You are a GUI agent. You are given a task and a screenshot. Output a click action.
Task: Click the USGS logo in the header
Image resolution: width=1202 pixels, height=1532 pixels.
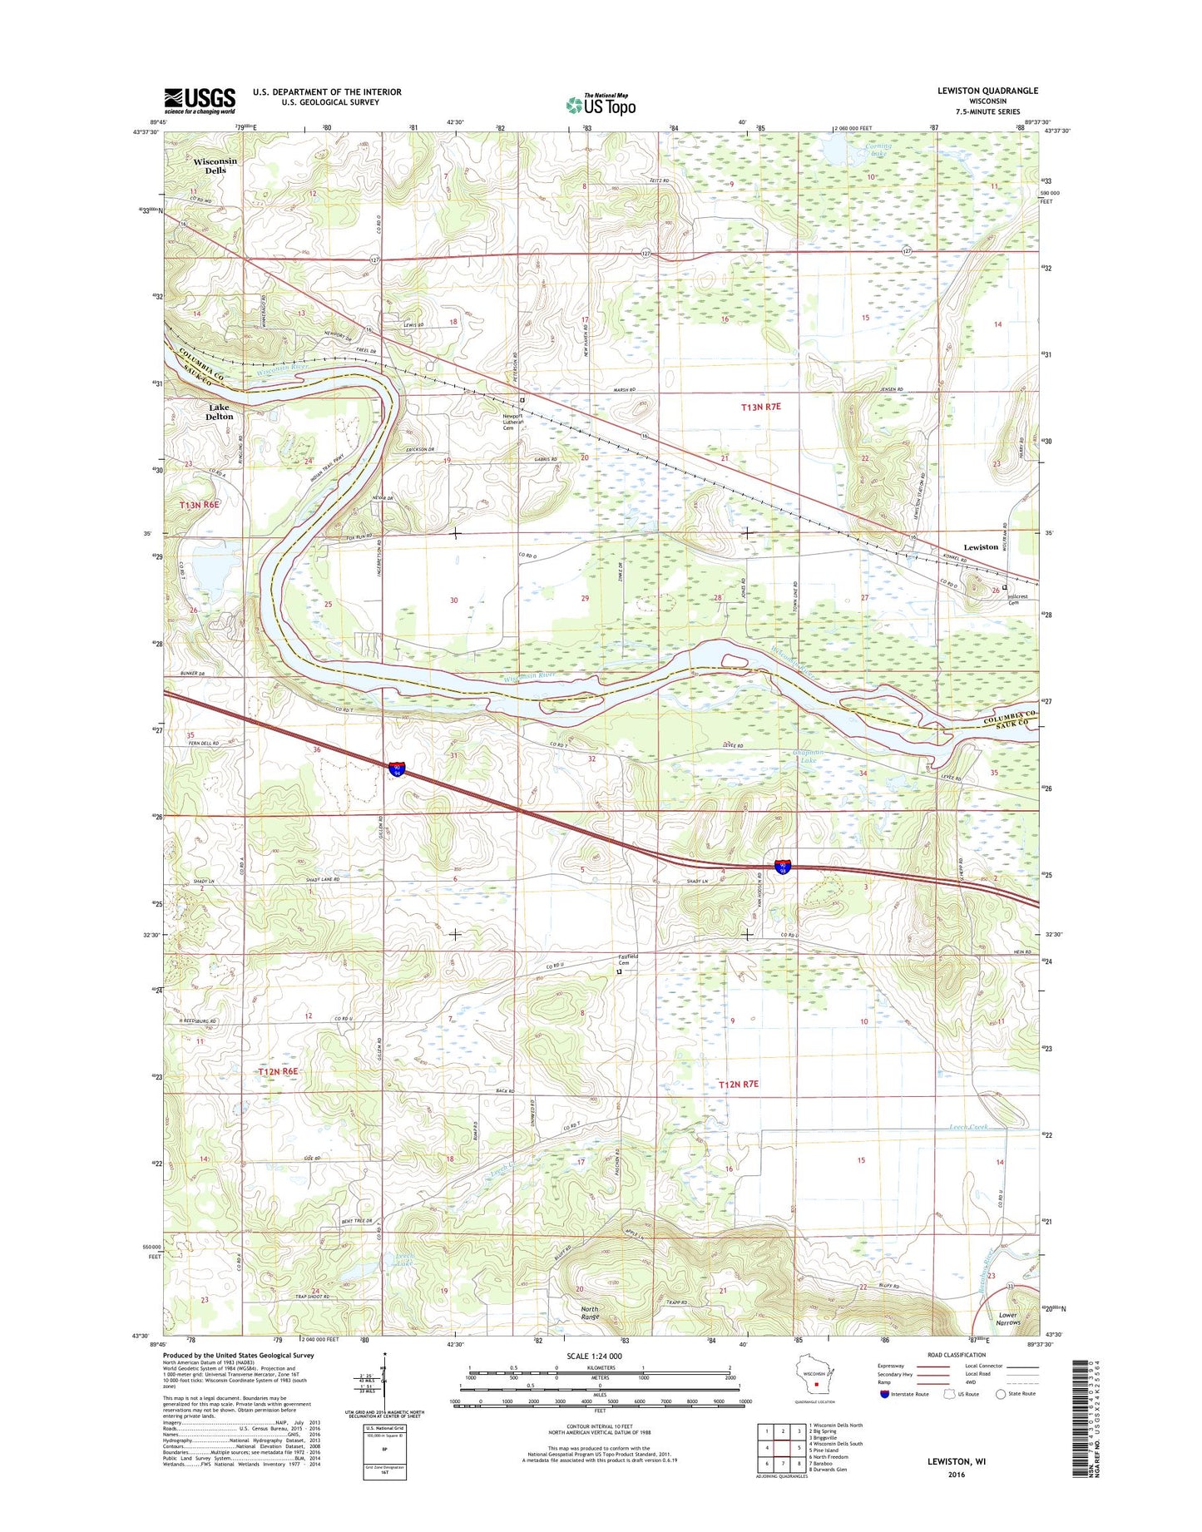tap(200, 100)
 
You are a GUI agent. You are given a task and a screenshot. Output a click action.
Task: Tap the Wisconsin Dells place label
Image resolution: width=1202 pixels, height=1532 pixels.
tap(215, 166)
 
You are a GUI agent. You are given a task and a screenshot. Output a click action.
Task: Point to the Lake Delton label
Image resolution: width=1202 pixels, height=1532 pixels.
tap(220, 411)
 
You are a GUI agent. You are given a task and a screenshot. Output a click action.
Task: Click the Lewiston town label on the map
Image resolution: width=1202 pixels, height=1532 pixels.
tap(981, 546)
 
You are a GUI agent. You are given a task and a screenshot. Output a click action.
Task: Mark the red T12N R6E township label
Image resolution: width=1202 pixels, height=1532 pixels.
tap(277, 1072)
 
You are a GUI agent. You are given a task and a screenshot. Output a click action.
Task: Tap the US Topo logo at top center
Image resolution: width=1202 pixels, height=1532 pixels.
tap(601, 105)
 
